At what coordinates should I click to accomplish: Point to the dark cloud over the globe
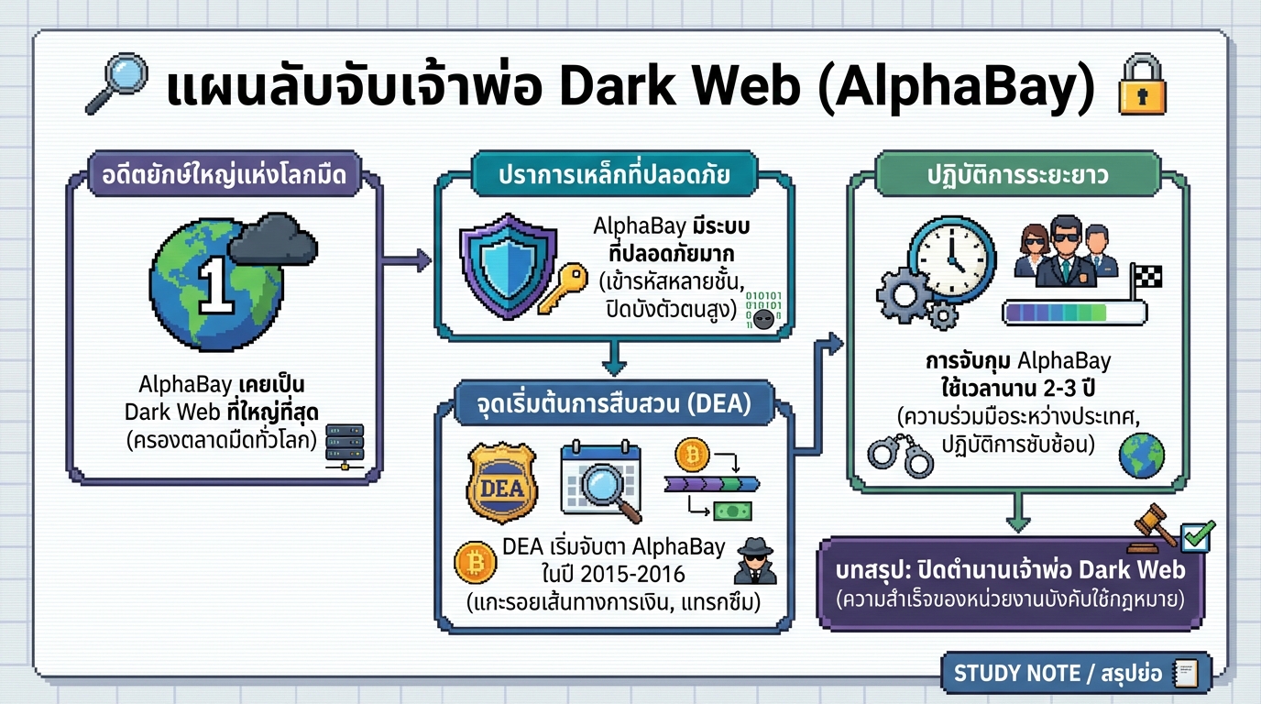click(272, 239)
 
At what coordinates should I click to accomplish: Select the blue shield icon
click(506, 263)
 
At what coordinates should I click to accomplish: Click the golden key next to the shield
click(563, 287)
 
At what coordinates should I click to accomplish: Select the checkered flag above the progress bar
click(1145, 277)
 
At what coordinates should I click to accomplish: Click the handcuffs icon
click(900, 453)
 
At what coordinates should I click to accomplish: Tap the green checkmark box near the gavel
click(1197, 535)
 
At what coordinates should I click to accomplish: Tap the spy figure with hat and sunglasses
click(756, 562)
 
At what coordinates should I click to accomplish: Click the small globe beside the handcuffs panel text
click(1141, 455)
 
